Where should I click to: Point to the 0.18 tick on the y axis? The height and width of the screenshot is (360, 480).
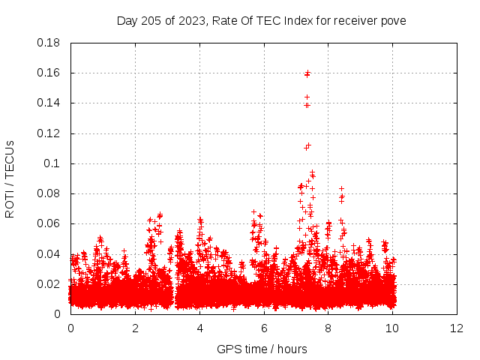coord(49,43)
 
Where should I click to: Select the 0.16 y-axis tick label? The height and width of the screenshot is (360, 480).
coord(49,73)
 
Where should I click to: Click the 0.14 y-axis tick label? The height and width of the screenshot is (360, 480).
coord(49,103)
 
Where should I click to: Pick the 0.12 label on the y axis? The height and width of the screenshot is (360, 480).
coord(49,133)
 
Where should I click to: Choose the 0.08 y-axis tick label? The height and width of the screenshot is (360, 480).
coord(49,193)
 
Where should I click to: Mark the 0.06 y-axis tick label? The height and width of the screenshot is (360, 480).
coord(49,223)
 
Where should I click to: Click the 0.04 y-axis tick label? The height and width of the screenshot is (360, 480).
coord(49,253)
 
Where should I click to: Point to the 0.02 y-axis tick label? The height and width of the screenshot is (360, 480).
coord(49,284)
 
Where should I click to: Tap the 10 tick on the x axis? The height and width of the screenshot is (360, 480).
coord(393,328)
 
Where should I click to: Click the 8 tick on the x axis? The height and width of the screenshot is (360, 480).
coord(328,328)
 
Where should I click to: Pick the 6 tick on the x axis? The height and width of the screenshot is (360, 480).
coord(264,328)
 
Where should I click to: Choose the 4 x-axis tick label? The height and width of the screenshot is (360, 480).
coord(199,328)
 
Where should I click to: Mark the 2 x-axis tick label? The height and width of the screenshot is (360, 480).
coord(135,328)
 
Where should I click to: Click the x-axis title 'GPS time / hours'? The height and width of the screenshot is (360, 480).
coord(262,349)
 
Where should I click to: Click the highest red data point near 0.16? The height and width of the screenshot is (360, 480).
coord(307,73)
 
